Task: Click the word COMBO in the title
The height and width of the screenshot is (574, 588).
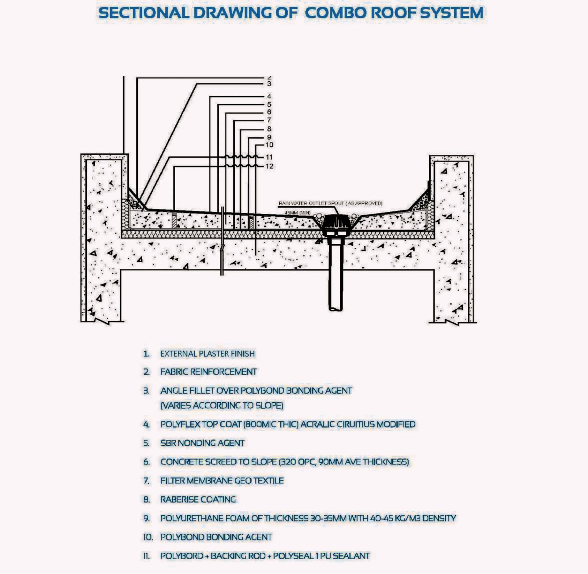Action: tap(336, 13)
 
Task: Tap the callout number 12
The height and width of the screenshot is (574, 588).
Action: tap(269, 166)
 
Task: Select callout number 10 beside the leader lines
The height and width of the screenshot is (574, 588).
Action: tap(269, 145)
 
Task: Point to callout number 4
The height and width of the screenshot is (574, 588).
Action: tap(269, 97)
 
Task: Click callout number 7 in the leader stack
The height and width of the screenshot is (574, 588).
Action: tap(269, 120)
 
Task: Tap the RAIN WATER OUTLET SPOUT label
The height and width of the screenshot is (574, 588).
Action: tap(330, 203)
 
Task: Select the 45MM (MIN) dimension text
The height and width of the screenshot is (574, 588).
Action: tap(297, 213)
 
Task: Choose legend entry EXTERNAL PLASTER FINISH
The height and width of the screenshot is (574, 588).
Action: tap(208, 354)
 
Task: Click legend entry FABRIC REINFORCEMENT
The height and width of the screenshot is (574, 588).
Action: tap(208, 372)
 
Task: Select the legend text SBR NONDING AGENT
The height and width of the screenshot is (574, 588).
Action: tap(202, 443)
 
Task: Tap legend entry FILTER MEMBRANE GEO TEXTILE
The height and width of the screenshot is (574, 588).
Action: tap(222, 481)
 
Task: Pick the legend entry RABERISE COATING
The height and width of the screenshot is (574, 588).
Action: tap(198, 499)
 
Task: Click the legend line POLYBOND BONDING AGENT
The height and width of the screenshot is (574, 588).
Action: tap(216, 537)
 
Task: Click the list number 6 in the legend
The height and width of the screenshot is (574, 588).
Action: tap(146, 462)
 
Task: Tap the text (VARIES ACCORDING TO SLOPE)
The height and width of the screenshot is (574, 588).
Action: tap(222, 406)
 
